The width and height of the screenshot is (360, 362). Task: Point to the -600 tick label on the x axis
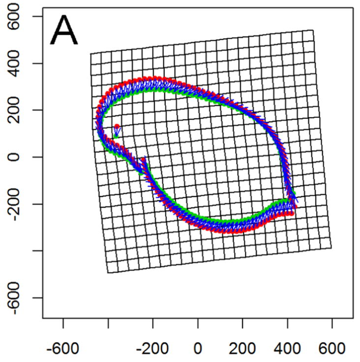(x=63, y=349)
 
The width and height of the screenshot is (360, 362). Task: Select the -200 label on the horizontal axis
(x=153, y=349)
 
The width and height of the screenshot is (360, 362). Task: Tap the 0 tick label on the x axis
(x=198, y=349)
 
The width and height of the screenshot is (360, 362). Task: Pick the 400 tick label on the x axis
(x=288, y=349)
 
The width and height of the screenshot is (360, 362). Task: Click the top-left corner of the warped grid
(x=90, y=54)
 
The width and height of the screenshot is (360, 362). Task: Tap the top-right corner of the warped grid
(x=313, y=30)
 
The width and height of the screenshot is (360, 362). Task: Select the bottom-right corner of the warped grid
(x=331, y=248)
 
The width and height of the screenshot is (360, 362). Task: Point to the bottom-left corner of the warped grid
(x=108, y=273)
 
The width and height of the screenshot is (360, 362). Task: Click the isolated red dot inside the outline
(x=117, y=127)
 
